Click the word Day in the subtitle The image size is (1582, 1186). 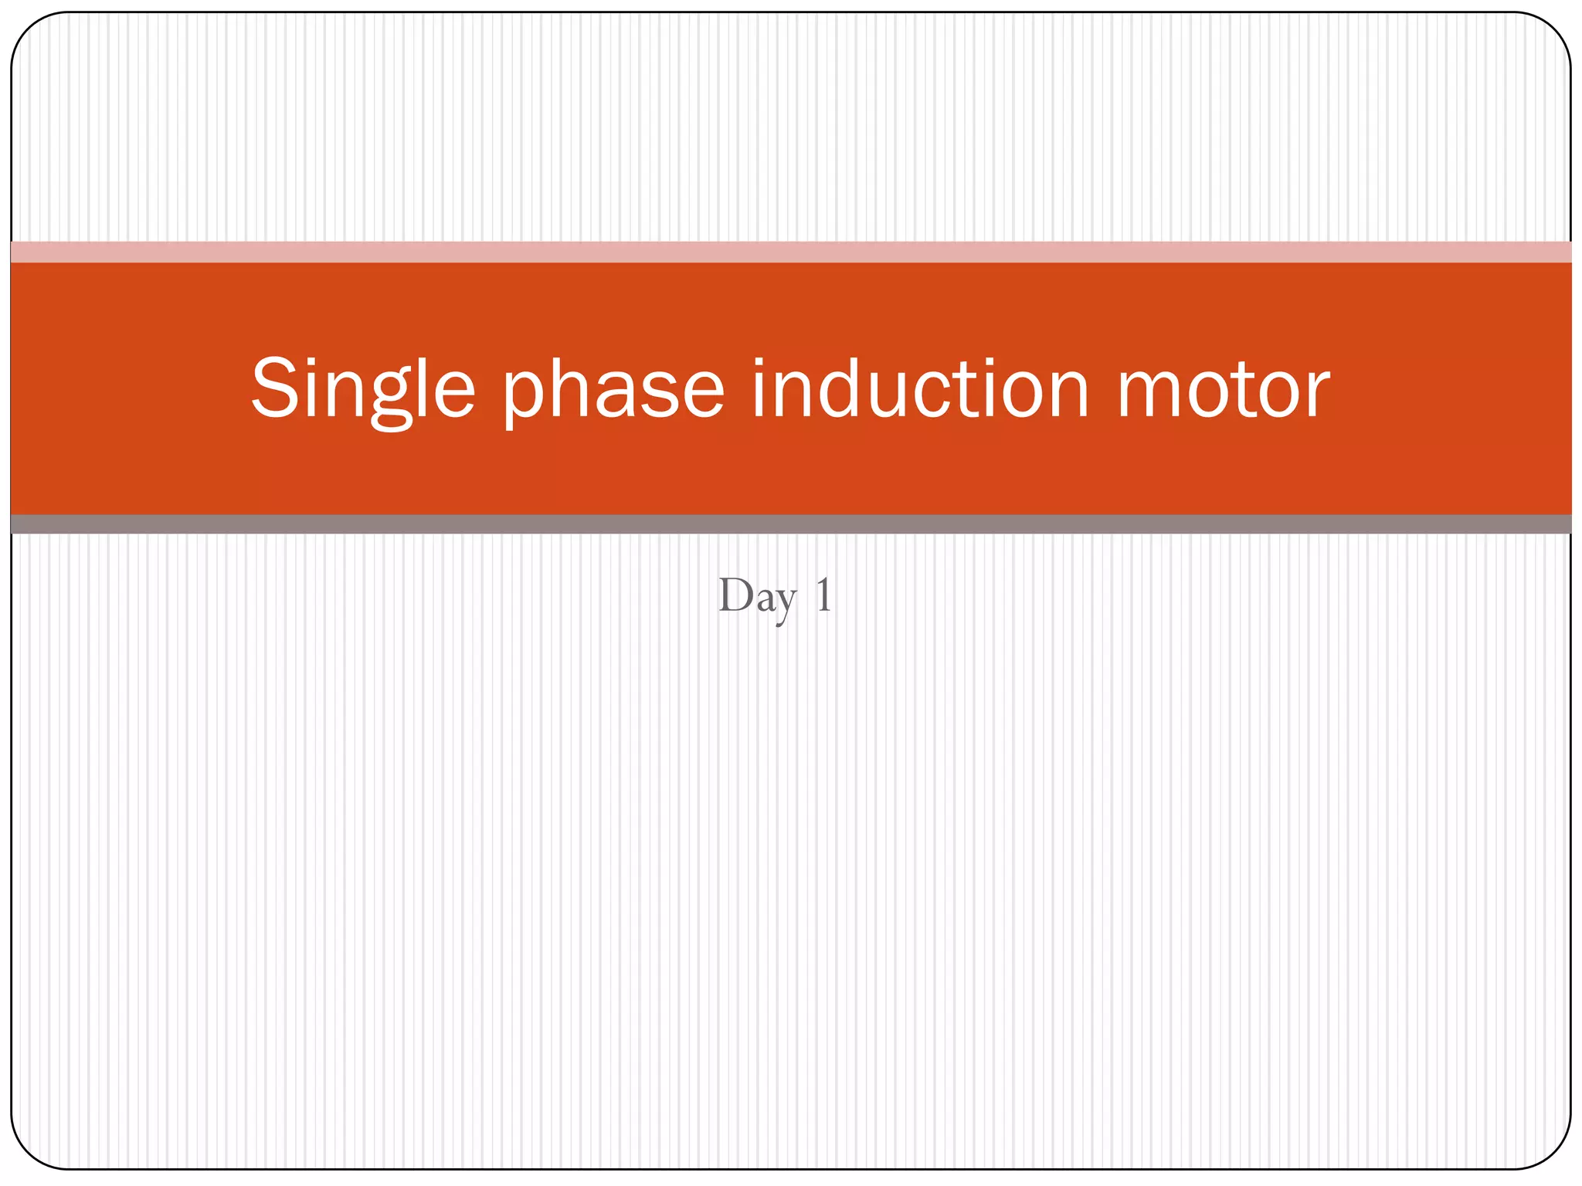(x=756, y=596)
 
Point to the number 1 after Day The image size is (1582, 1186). (x=823, y=595)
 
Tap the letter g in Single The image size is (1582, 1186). (x=391, y=398)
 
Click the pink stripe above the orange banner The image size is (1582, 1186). (x=791, y=252)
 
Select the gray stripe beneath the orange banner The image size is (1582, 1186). (x=791, y=524)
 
